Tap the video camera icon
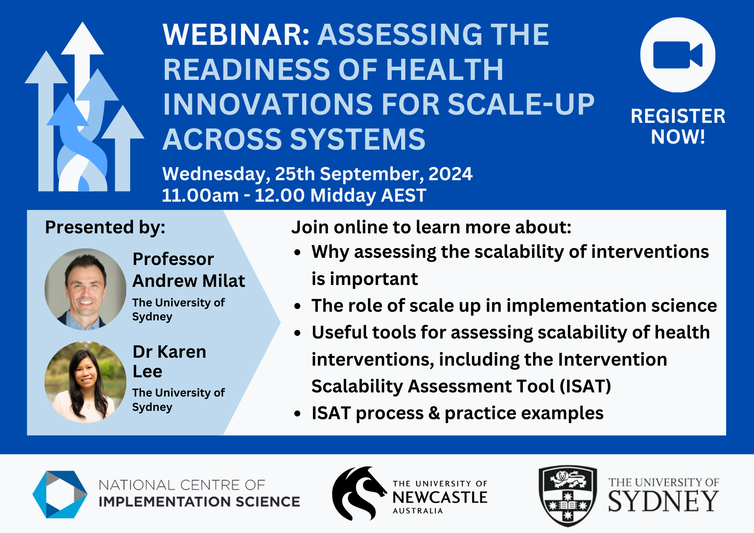[677, 55]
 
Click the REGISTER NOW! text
[678, 126]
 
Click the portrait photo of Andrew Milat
[85, 289]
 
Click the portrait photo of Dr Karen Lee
[85, 382]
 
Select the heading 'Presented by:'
[105, 228]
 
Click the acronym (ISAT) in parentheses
[585, 386]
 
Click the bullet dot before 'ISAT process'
[298, 414]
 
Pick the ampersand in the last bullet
[434, 413]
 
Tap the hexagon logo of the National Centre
[60, 494]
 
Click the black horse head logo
[358, 493]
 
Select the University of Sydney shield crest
[568, 496]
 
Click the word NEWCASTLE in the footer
[440, 498]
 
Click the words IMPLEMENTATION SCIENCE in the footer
[199, 502]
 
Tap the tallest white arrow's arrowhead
[83, 38]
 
